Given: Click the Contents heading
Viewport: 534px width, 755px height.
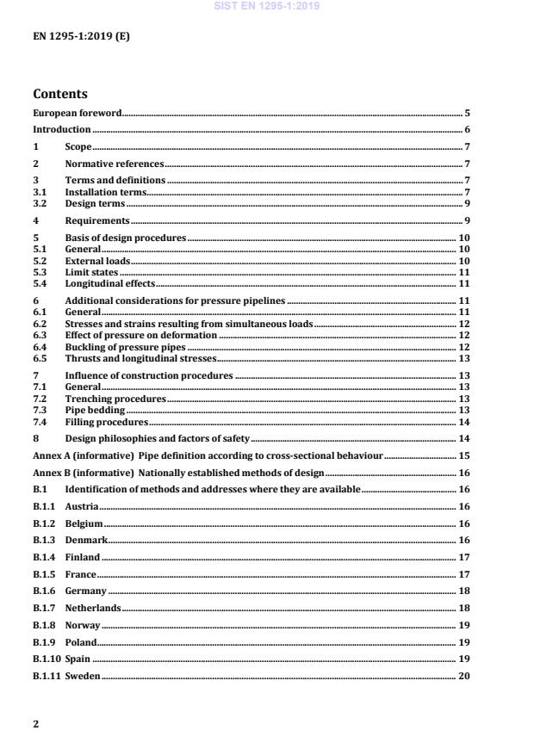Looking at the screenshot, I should pos(60,94).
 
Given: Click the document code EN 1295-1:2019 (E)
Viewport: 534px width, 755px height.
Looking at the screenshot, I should pos(81,38).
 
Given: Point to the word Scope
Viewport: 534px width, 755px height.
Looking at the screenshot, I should pos(78,146).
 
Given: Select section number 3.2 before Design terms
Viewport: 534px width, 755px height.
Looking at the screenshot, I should pos(40,204).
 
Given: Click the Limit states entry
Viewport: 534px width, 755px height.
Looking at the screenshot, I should pos(91,271).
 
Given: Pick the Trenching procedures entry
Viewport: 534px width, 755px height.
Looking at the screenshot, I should pos(115,399).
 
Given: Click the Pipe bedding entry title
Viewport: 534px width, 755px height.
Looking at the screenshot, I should pos(95,411).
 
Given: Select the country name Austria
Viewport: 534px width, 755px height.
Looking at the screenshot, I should pos(82,507).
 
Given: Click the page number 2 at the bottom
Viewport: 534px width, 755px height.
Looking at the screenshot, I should pos(35,724).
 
